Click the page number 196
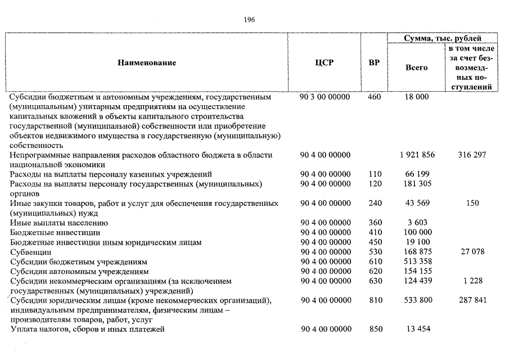[x=250, y=20]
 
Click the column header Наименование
[x=147, y=62]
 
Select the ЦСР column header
[x=325, y=62]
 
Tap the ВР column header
[x=373, y=62]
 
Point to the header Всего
[x=416, y=67]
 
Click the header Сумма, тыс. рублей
[x=443, y=38]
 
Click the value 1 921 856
[x=417, y=155]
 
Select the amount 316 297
[x=472, y=155]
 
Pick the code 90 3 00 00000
[x=325, y=97]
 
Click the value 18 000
[x=417, y=97]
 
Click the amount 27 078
[x=472, y=252]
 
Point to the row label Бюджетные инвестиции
[x=55, y=232]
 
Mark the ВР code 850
[x=375, y=329]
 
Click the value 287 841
[x=472, y=300]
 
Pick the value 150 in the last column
[x=472, y=203]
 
